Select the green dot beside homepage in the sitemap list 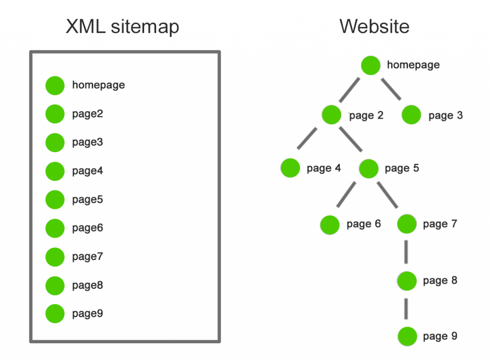55,85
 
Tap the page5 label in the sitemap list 87,199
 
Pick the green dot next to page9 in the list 55,313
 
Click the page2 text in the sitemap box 87,114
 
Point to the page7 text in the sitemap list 87,256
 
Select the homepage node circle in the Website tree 371,65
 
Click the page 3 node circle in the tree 411,115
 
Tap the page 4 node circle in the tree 290,168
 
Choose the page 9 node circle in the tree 407,336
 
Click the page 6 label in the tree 363,224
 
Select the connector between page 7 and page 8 406,252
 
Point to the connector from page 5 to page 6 346,194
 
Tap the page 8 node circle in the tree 407,281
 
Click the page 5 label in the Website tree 402,168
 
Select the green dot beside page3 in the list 55,143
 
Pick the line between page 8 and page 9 406,308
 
